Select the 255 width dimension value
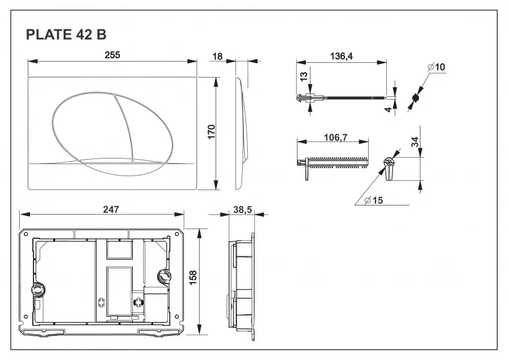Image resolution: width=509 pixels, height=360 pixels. tap(111, 55)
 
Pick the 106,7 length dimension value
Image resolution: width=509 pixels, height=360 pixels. tap(334, 137)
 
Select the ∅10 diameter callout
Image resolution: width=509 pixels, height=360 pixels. tap(437, 67)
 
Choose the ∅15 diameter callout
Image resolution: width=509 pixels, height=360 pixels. tap(374, 200)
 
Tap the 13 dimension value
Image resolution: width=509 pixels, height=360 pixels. tap(303, 75)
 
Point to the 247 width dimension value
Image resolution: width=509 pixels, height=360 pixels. tap(111, 209)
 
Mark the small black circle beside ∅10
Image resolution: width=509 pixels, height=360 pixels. tap(415, 98)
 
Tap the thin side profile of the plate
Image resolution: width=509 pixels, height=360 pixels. tap(241, 133)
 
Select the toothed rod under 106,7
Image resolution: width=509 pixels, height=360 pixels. tap(337, 162)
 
